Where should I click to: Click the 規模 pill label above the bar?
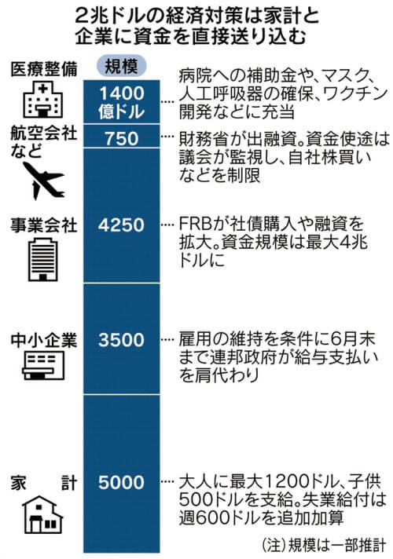coord(121,66)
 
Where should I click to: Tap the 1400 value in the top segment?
coord(122,93)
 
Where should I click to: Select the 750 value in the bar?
coord(122,138)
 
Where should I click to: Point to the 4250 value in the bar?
coord(121,225)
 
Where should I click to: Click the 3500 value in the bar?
coord(121,340)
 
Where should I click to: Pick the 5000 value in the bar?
coord(121,482)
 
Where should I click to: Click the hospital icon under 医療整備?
coord(42,100)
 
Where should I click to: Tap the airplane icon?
coord(44,181)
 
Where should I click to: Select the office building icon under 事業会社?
coord(42,259)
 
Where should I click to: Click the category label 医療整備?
coord(44,69)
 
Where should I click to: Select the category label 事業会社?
coord(44,225)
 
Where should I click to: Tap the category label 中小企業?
coord(44,341)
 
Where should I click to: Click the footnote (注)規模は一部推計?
coord(323,546)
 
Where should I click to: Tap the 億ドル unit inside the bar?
coord(122,111)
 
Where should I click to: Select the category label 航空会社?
coord(44,133)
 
